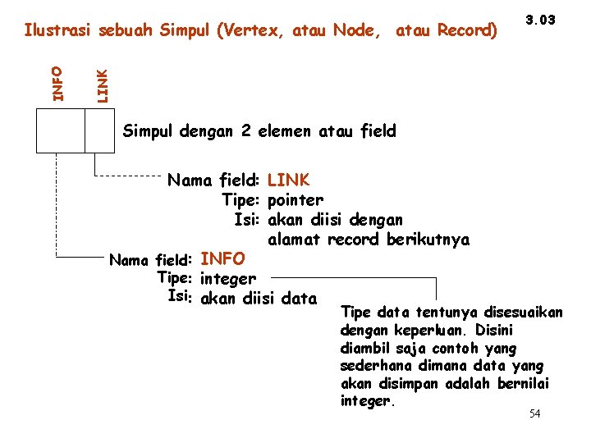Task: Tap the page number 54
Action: (x=534, y=413)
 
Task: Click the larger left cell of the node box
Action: (x=61, y=130)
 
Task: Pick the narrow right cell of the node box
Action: (x=99, y=130)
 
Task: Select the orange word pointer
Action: (x=295, y=200)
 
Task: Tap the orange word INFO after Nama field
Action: (x=222, y=259)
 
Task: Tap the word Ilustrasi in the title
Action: (x=57, y=31)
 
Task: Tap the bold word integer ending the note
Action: (x=366, y=401)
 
